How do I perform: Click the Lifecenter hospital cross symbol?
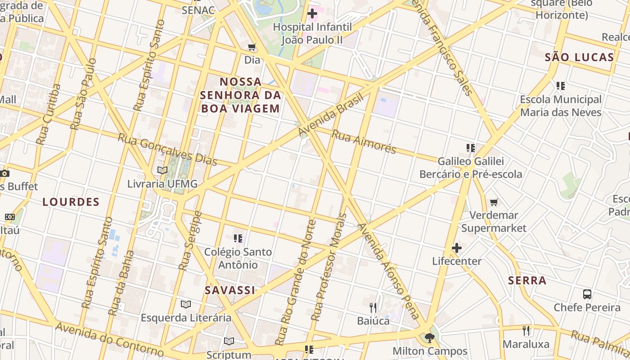[x=457, y=248]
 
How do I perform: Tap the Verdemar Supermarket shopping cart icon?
[x=494, y=202]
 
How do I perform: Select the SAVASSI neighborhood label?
[x=230, y=290]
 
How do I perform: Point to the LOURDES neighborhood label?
[x=71, y=202]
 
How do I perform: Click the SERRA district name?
[x=527, y=281]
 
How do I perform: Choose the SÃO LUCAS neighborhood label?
[x=579, y=57]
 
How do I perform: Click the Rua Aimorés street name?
[x=364, y=141]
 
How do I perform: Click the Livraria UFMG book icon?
[x=162, y=171]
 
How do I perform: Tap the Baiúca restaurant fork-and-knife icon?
[x=373, y=308]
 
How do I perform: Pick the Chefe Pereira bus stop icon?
[x=587, y=294]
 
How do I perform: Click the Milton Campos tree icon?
[x=430, y=337]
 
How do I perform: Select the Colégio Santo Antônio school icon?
[x=238, y=238]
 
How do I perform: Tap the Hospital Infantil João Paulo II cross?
[x=312, y=14]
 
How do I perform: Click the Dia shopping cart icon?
[x=252, y=47]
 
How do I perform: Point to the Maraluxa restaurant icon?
[x=526, y=331]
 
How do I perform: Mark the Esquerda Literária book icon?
[x=186, y=305]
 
